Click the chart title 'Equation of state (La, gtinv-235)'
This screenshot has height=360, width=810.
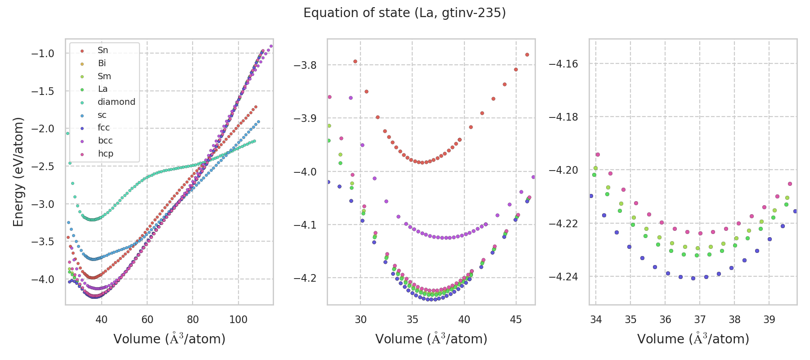405,13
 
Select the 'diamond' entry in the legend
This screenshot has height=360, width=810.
116,102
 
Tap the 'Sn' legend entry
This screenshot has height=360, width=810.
103,50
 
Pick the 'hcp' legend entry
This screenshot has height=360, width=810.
105,153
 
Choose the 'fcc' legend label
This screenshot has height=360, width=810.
103,128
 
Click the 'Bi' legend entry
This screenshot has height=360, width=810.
102,63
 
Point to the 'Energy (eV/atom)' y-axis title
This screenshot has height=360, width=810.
18,171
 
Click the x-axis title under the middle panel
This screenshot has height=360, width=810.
431,339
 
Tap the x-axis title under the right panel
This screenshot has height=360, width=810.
693,339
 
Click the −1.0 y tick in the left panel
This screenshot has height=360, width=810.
43,54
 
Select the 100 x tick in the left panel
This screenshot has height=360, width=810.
238,319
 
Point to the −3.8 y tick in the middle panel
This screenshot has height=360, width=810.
305,65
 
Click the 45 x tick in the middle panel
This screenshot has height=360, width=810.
516,319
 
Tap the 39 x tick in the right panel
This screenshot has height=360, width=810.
769,319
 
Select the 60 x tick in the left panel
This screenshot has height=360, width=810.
147,319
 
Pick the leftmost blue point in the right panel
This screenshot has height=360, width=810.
591,196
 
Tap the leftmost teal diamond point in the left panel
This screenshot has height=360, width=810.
67,133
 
